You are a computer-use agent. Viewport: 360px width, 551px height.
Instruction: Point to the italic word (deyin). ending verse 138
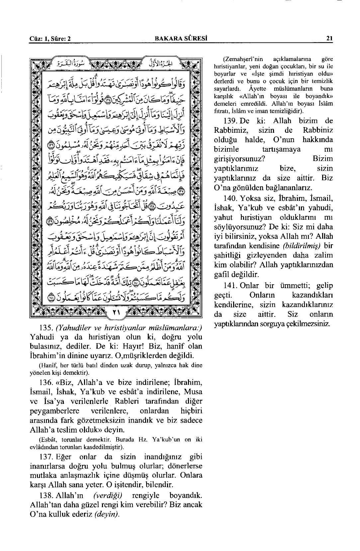tap(107, 514)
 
